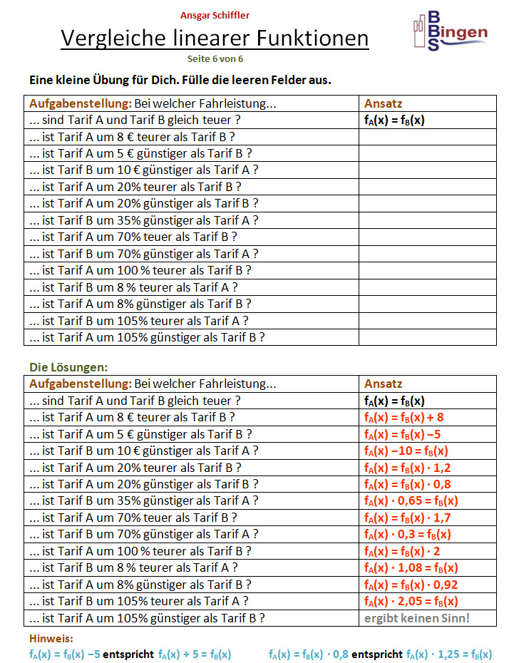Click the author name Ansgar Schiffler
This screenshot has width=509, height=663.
click(x=215, y=15)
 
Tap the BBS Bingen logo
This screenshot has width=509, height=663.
click(x=449, y=32)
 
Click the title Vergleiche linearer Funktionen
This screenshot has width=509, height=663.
click(x=215, y=38)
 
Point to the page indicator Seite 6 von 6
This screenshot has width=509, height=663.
click(x=215, y=59)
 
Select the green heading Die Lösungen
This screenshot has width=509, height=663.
click(x=68, y=367)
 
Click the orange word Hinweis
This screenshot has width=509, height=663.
click(x=51, y=639)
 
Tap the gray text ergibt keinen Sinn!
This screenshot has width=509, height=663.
click(x=417, y=617)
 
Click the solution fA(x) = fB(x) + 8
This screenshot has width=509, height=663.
click(x=403, y=418)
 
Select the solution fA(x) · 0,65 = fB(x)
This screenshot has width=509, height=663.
click(x=411, y=501)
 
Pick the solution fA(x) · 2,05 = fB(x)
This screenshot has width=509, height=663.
click(x=411, y=601)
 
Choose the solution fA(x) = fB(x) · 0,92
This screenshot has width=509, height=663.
click(x=408, y=585)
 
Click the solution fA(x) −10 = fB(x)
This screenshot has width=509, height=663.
click(x=406, y=451)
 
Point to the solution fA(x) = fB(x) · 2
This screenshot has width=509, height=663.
click(x=402, y=551)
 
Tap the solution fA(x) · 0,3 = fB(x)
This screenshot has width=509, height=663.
click(x=407, y=535)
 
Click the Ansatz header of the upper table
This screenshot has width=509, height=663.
click(x=383, y=103)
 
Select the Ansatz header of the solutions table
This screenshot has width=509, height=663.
click(x=383, y=384)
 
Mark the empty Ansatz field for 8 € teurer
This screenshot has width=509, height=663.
click(x=427, y=137)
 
